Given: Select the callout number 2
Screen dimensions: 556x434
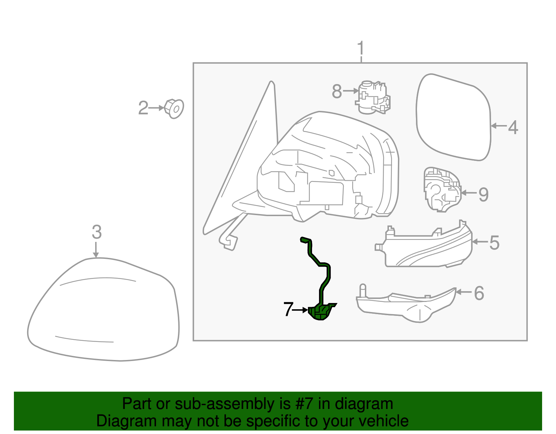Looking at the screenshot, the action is pos(143,108).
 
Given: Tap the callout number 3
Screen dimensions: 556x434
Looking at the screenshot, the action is pos(97,232).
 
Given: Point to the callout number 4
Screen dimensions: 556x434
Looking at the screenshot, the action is pos(513,127).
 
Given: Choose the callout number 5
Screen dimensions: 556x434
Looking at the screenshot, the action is pos(494,243).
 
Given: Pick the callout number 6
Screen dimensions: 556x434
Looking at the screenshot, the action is pos(479,293).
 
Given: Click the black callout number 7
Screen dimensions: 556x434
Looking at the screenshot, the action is pos(289,310).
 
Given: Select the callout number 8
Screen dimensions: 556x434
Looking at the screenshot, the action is pos(337,91).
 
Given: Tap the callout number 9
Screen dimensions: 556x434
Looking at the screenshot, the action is pos(483,194).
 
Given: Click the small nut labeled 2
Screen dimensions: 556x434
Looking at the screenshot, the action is pos(174,109).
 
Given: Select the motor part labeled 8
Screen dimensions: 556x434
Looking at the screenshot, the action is pos(373,97).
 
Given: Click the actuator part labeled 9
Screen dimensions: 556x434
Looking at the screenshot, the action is pos(442,189).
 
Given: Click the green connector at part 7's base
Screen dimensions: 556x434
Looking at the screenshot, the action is pos(321,312).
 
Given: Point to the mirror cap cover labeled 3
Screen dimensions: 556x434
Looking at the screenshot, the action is pos(103,309).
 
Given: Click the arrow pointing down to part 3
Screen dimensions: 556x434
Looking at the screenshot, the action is pos(96,249).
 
